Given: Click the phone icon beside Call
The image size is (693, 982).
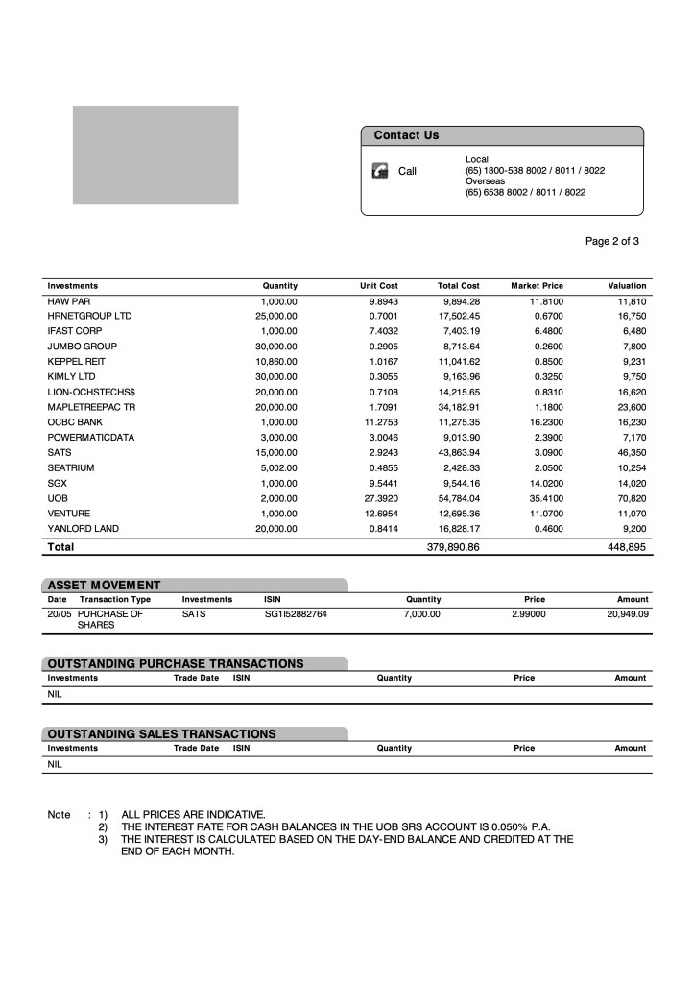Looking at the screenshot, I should pos(380,171).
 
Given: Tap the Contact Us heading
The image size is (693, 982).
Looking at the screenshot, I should pos(406,135).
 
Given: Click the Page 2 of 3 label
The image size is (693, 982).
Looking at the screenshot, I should pos(611,241).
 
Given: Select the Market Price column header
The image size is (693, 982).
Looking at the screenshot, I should pos(537,286).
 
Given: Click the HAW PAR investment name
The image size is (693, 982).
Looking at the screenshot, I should pos(68,300).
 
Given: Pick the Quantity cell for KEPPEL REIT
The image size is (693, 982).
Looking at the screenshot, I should pos(279,361).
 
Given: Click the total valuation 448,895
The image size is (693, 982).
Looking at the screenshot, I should pos(628,547).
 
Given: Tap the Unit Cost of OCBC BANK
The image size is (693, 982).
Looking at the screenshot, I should pos(377,422).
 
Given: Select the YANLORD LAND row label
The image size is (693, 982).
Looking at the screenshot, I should pos(84,529).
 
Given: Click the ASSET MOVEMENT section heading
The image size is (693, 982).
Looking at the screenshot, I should pos(104,585).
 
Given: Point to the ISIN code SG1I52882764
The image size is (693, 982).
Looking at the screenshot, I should pos(296,613).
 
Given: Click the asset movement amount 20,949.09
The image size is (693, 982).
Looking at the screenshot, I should pos(628,613).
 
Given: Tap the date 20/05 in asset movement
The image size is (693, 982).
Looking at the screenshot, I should pos(58,613).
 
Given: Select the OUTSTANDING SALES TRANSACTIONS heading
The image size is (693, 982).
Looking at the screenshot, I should pos(161,733).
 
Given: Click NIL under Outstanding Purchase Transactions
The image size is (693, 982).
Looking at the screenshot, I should pos(55,694).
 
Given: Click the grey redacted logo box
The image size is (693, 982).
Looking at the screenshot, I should pos(155,156).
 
